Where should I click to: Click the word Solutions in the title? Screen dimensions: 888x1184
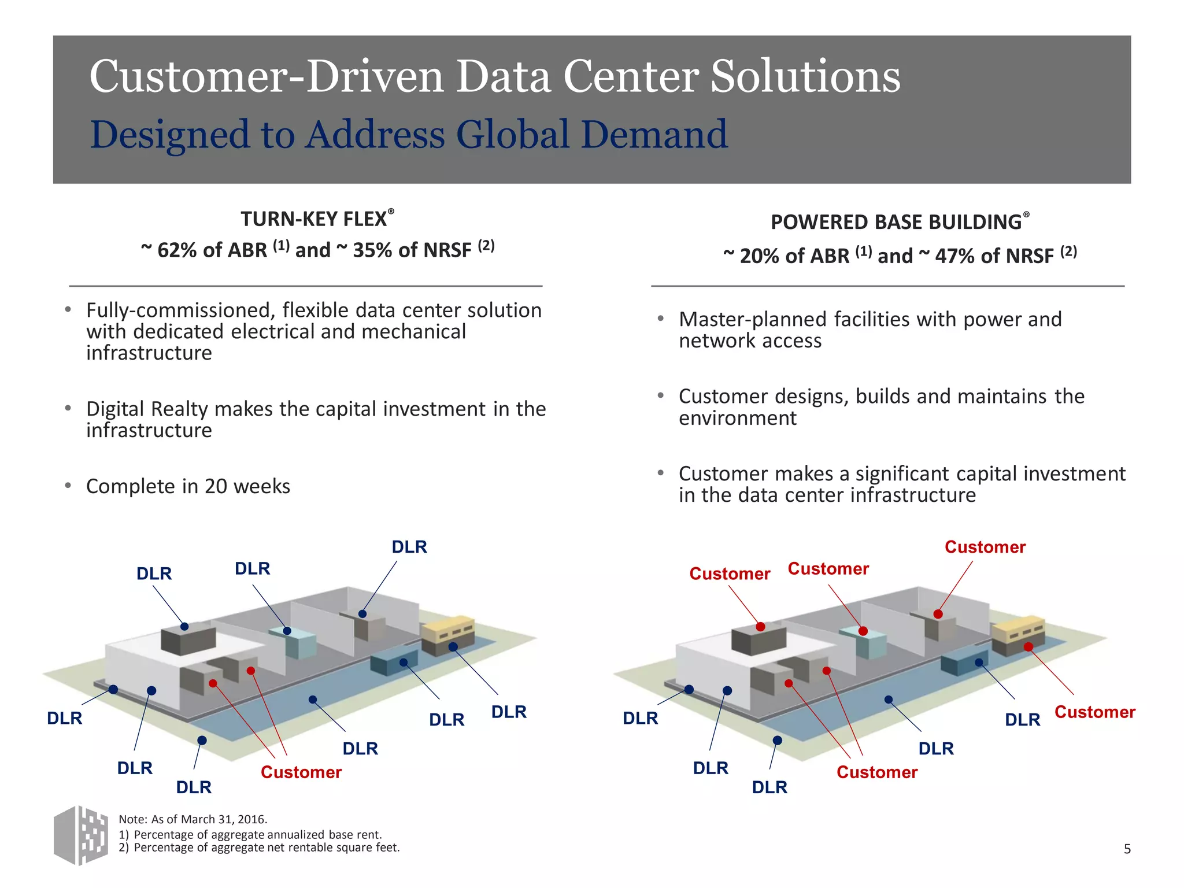point(805,76)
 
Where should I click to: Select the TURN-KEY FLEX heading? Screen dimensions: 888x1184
point(314,219)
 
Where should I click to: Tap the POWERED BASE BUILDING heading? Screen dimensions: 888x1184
point(896,222)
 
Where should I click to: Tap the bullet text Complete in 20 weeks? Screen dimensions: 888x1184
point(188,486)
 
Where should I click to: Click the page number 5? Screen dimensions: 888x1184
point(1127,849)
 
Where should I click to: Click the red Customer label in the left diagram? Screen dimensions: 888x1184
point(301,772)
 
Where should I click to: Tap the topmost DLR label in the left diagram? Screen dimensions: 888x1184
point(409,547)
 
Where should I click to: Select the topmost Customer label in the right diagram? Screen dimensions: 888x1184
point(985,547)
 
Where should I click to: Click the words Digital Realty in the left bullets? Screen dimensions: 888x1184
point(147,409)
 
